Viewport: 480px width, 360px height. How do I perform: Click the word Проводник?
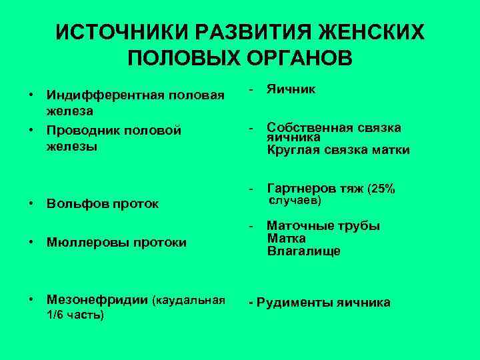[84, 130]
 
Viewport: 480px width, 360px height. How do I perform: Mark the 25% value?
[381, 189]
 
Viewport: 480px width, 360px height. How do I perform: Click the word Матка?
[287, 239]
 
